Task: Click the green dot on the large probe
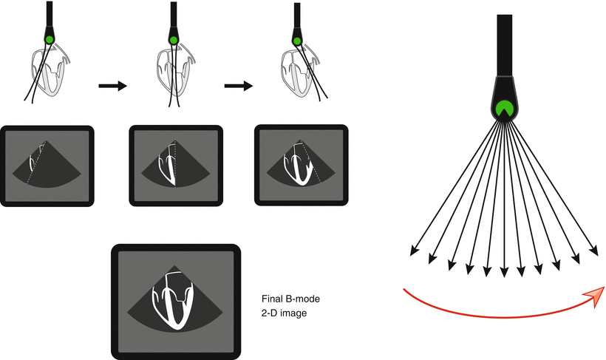point(505,108)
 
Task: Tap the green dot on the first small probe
point(49,39)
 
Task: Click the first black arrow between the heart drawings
point(113,86)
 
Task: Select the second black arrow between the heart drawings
point(238,86)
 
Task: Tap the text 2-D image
point(285,313)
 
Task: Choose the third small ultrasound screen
point(299,163)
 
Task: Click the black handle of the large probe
point(505,44)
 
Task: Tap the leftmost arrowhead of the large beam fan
point(414,252)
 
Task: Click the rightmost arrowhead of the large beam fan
point(594,252)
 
